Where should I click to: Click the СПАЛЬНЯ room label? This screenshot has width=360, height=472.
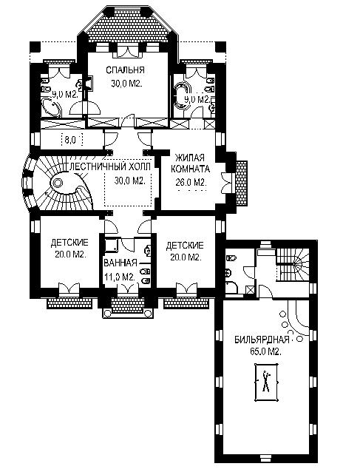tap(125, 70)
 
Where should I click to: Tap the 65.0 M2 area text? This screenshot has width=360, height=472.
tap(265, 351)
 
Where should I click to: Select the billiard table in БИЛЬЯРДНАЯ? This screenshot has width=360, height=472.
tap(266, 382)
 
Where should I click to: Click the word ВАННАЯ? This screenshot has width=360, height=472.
tap(120, 263)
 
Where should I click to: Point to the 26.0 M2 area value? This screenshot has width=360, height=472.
tap(191, 183)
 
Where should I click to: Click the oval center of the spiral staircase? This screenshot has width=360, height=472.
tap(58, 183)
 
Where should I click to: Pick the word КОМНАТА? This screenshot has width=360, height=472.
tap(190, 169)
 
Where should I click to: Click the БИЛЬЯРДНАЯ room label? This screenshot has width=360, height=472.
tap(262, 340)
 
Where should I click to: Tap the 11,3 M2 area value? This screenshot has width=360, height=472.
tap(119, 277)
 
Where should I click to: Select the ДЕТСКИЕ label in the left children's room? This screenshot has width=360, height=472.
tap(69, 243)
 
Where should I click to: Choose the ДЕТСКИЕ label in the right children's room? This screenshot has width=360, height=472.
tap(185, 246)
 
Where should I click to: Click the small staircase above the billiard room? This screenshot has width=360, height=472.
tap(293, 264)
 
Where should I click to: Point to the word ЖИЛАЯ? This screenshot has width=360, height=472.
tap(190, 158)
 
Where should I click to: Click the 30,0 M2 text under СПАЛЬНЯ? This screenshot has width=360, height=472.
tap(126, 84)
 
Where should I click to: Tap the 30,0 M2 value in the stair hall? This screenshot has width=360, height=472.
tap(129, 181)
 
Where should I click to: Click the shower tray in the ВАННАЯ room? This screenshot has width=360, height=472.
tap(111, 245)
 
